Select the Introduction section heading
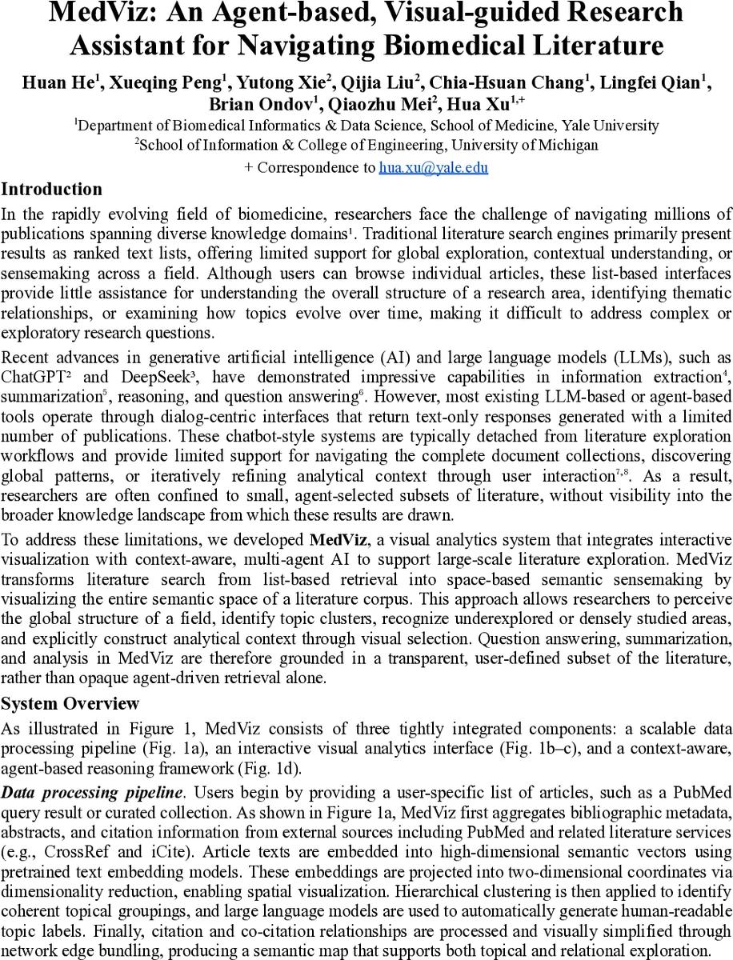pos(52,190)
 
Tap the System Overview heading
pos(70,704)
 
